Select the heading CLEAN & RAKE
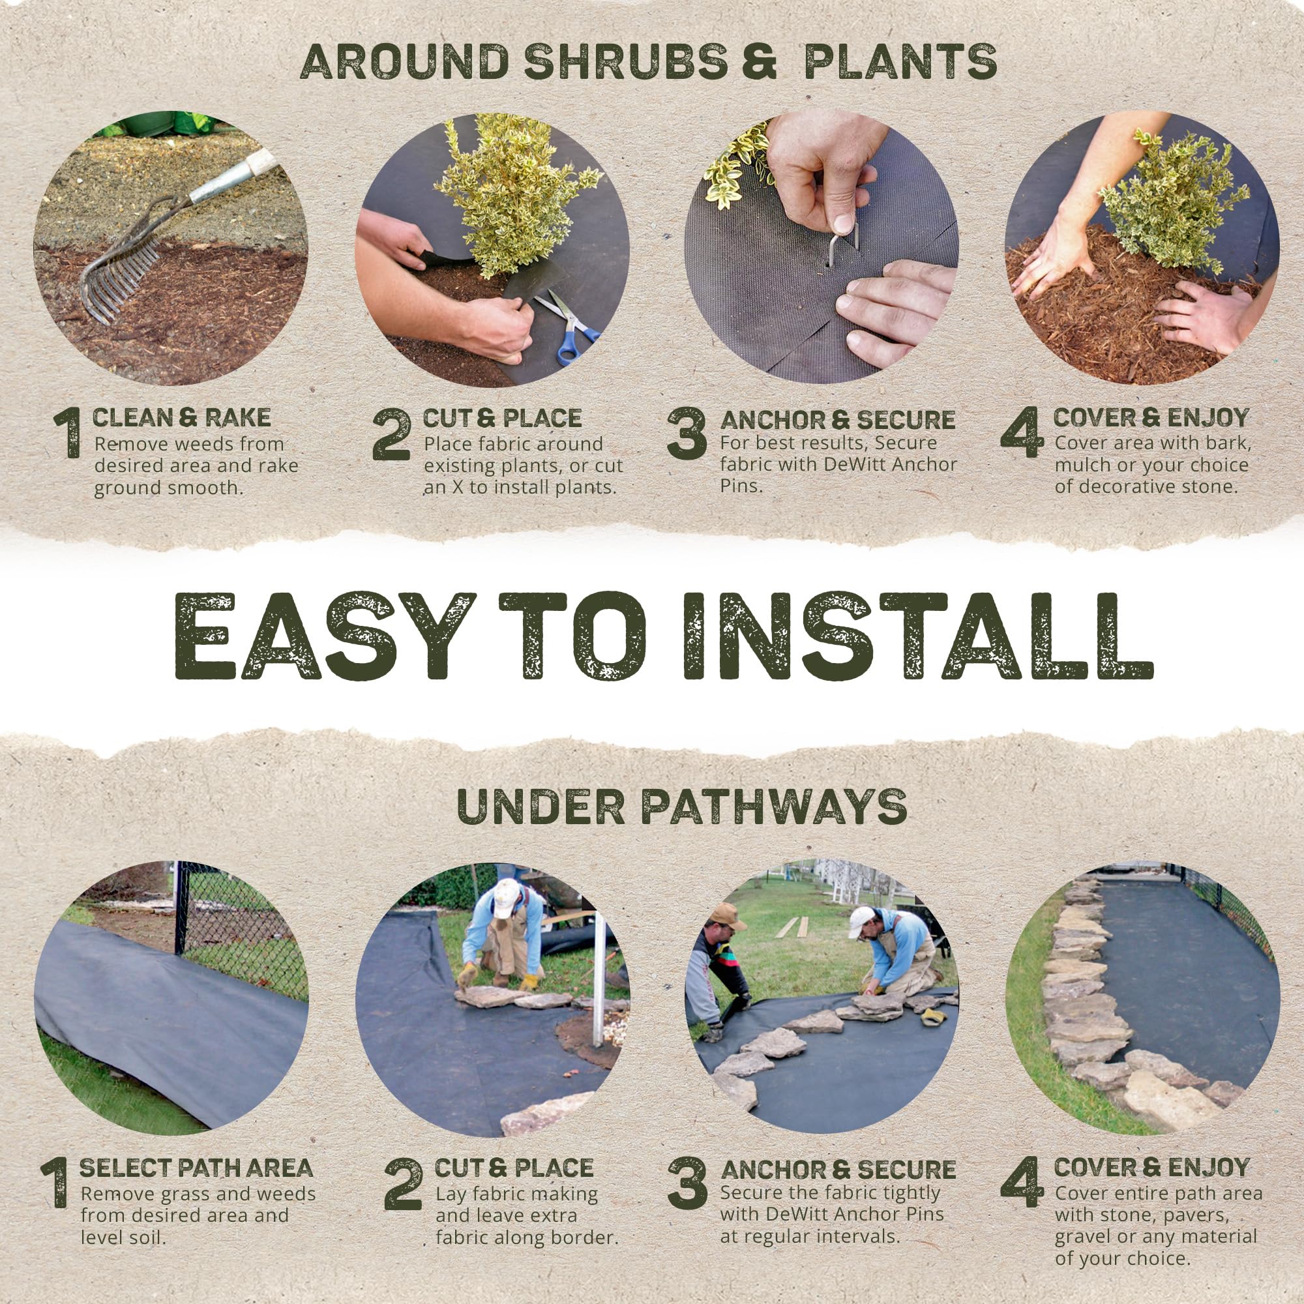tap(181, 418)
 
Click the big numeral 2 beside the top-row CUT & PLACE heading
tap(391, 436)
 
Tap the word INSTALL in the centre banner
tap(918, 637)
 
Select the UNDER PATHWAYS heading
tap(682, 806)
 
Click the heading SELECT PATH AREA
tap(196, 1168)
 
